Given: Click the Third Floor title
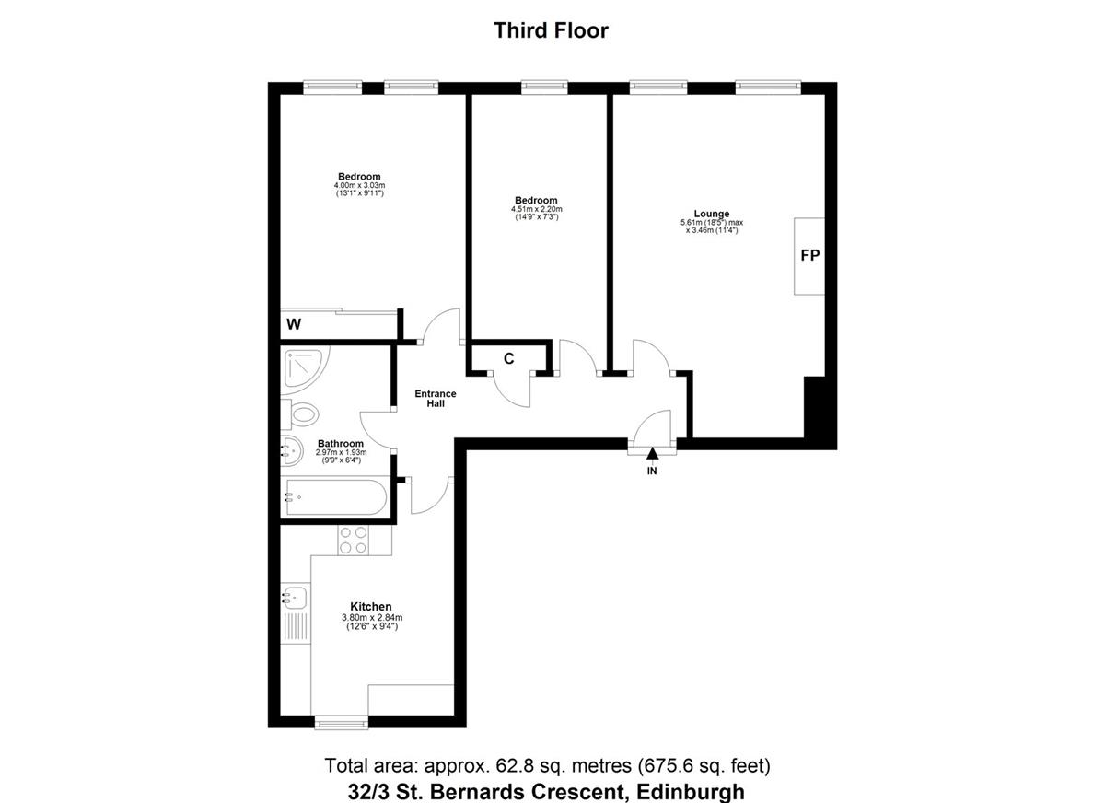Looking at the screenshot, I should [x=551, y=30].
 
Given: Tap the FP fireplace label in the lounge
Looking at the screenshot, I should [x=809, y=256].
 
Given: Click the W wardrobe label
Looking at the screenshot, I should [x=294, y=324].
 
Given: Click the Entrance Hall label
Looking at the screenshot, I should [x=435, y=399].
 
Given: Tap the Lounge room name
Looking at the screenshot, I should [x=712, y=214].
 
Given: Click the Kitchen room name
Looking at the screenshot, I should [x=371, y=606].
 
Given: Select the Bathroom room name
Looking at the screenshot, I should [x=341, y=443].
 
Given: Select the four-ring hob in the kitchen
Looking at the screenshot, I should [x=353, y=540].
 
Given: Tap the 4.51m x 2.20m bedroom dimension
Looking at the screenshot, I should [x=536, y=210].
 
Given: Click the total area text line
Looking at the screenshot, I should [x=547, y=765].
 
